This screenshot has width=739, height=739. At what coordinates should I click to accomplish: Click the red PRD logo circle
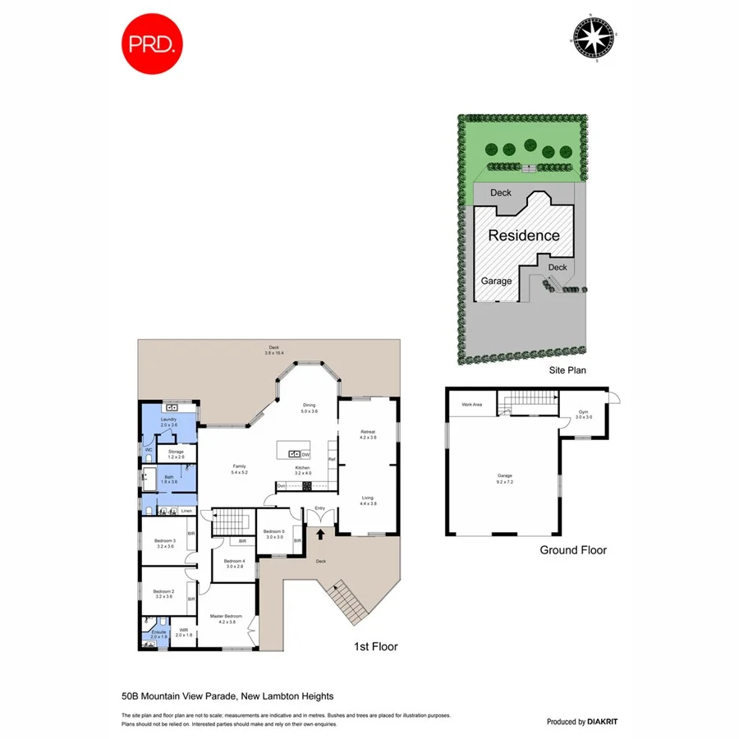(x=152, y=43)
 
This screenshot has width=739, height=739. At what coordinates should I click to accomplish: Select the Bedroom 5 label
(x=273, y=531)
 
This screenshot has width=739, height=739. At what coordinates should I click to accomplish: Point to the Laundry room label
(x=169, y=420)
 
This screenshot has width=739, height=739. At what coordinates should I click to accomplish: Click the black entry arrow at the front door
(x=320, y=535)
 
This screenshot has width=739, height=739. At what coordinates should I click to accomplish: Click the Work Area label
(x=471, y=405)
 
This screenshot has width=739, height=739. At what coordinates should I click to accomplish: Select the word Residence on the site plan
(x=524, y=236)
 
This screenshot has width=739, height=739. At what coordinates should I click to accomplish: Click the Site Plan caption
(x=567, y=370)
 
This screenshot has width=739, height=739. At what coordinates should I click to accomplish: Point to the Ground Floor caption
(x=572, y=550)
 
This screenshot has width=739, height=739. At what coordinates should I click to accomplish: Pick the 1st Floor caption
(x=375, y=647)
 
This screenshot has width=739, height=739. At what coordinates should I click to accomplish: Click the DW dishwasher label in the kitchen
(x=305, y=454)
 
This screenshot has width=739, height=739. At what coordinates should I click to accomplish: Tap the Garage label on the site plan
(x=496, y=281)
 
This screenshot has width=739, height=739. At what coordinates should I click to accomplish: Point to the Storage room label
(x=176, y=452)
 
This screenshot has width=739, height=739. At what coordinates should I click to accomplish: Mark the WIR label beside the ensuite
(x=183, y=631)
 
